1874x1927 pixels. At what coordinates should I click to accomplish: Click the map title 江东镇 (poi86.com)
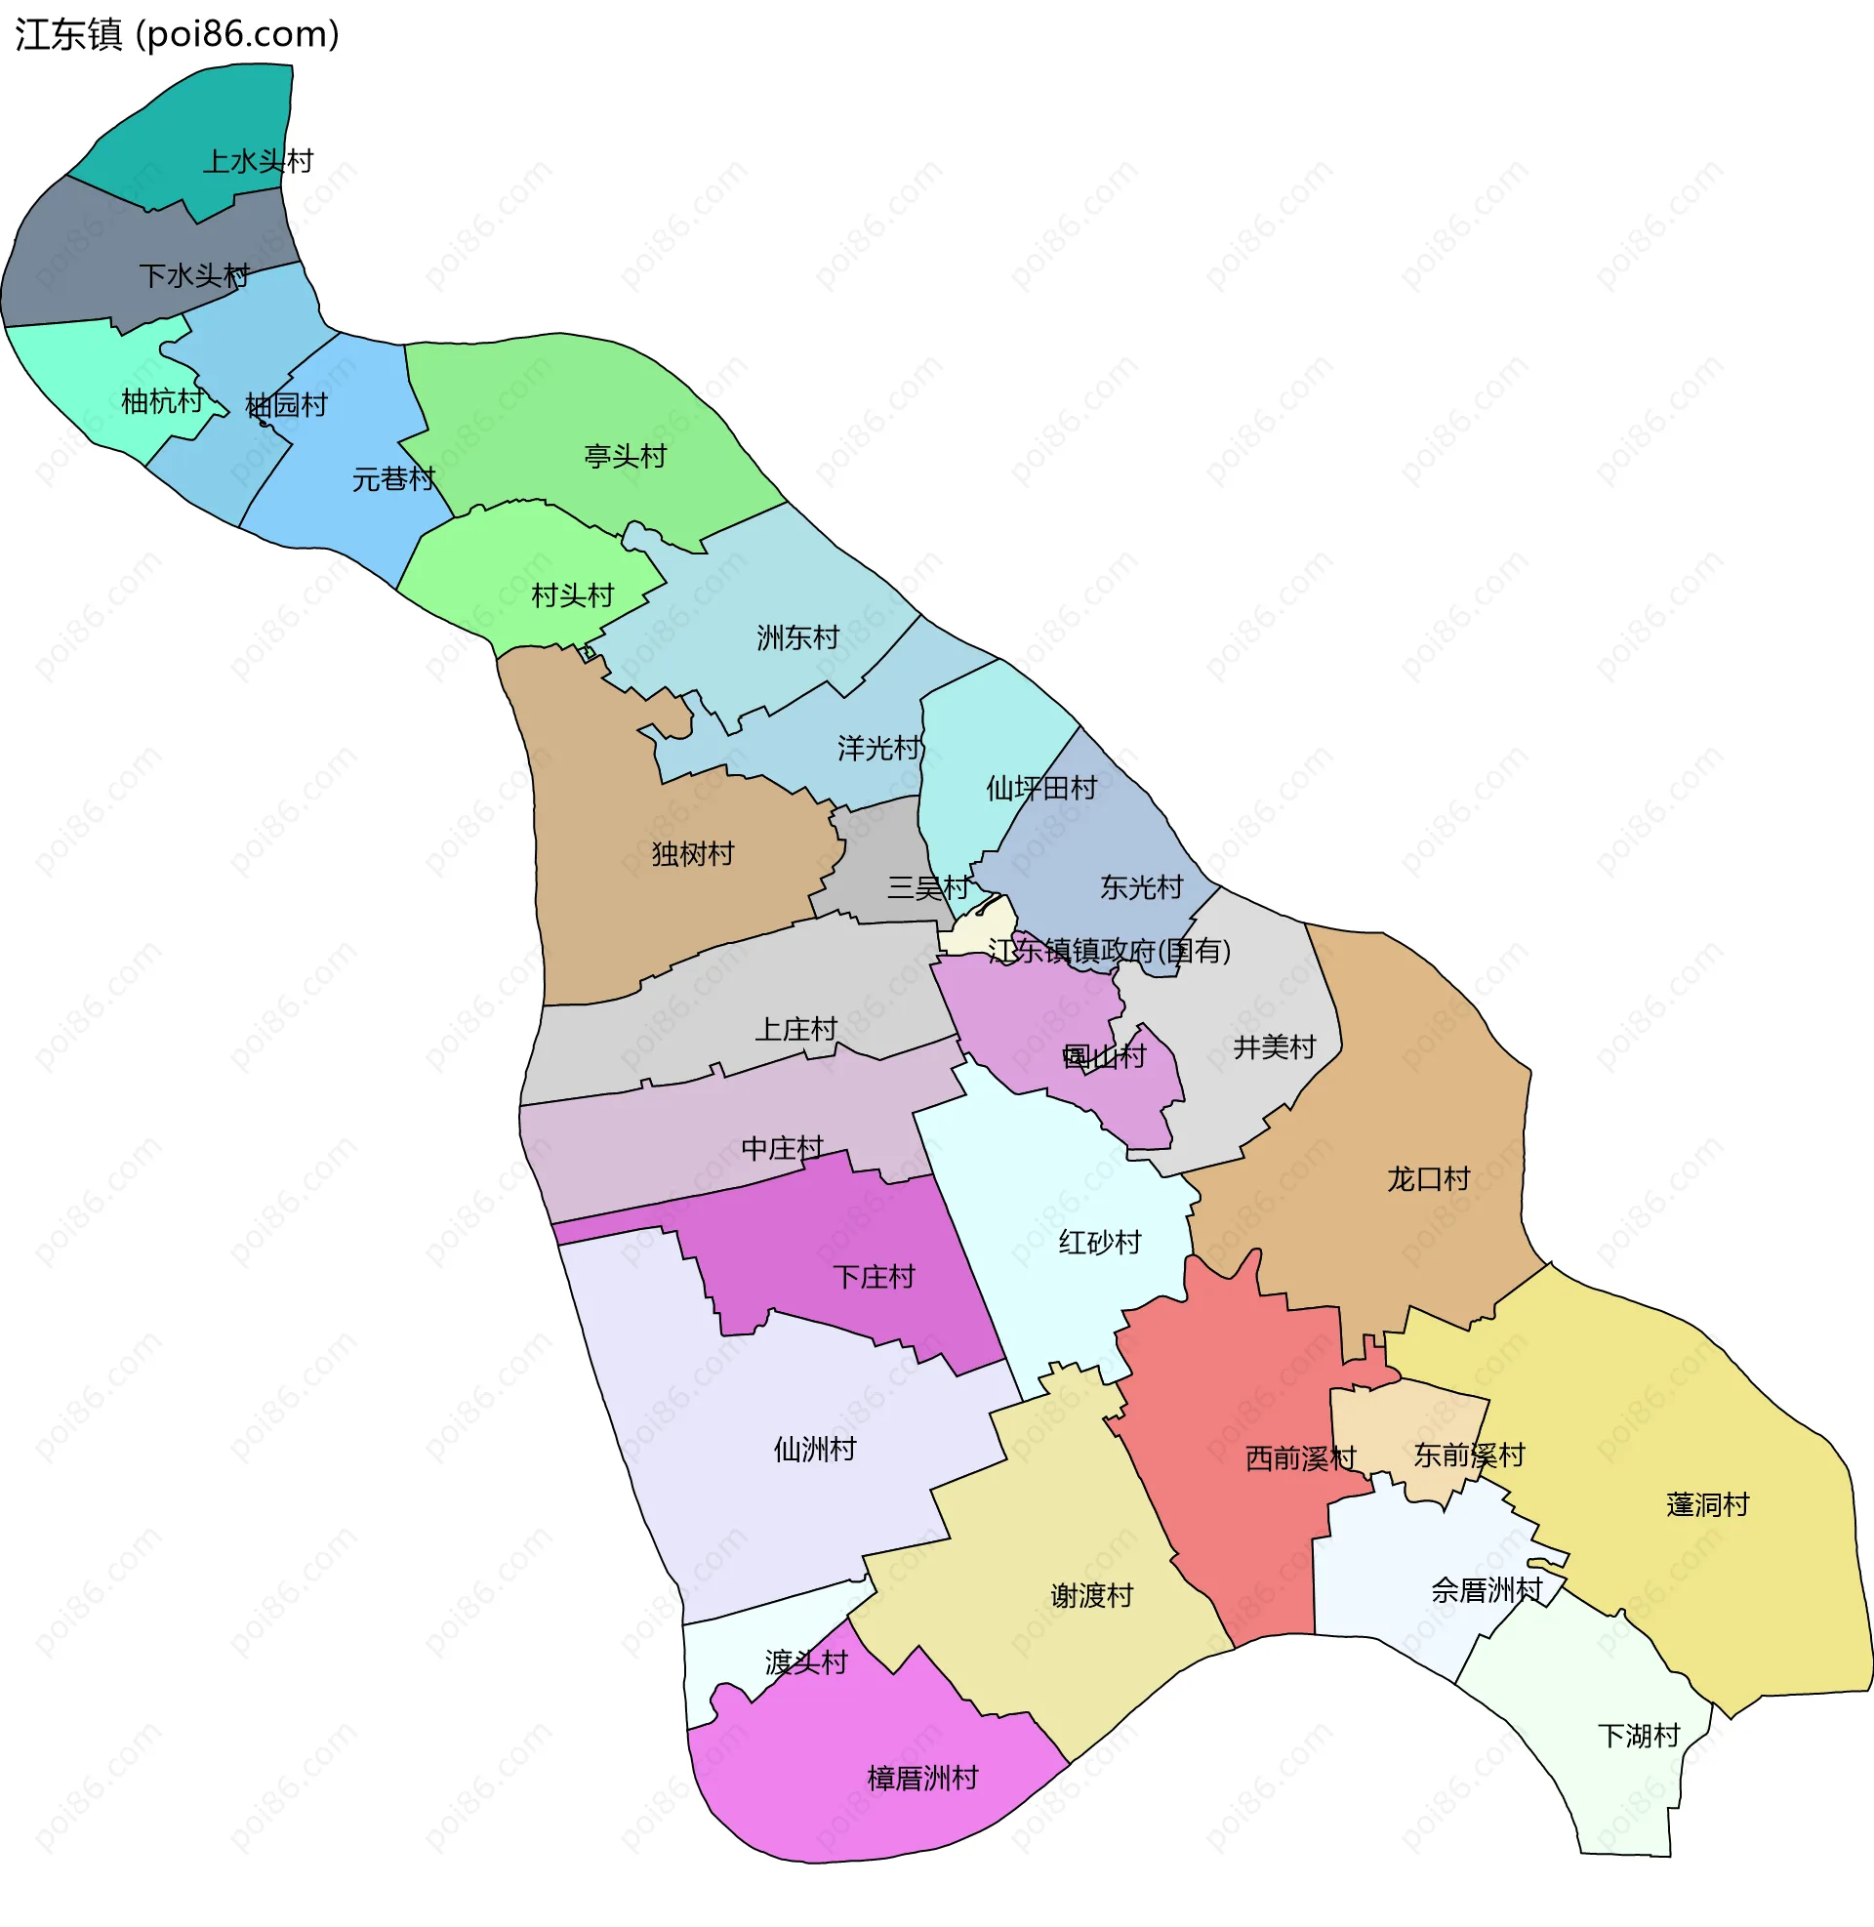coord(178,34)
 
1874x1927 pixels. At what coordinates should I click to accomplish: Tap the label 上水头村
coord(258,160)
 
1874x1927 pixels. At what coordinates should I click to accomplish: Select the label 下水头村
coord(195,275)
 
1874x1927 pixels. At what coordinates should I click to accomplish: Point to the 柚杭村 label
coord(161,401)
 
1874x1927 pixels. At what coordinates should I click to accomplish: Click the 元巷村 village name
coord(393,479)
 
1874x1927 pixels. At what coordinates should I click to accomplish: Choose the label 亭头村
coord(626,457)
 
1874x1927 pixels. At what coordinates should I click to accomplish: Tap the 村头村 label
coord(573,595)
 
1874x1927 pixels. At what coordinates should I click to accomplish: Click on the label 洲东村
coord(798,637)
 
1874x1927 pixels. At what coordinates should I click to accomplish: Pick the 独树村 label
coord(693,854)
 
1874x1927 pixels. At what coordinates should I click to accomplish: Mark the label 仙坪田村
coord(1041,789)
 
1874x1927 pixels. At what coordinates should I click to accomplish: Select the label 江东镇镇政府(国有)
coord(1109,951)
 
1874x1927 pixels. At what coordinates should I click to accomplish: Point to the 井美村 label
coord(1275,1047)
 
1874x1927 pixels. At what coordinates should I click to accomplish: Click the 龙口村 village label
coord(1428,1179)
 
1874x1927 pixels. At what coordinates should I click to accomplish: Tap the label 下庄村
coord(874,1278)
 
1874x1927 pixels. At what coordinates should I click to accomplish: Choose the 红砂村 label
coord(1100,1243)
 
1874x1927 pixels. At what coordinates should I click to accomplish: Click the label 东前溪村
coord(1470,1455)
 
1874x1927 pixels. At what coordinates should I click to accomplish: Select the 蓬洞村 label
coord(1708,1504)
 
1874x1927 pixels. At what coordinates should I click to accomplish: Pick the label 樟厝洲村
coord(923,1779)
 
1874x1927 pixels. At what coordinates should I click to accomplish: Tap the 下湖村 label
coord(1639,1736)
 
